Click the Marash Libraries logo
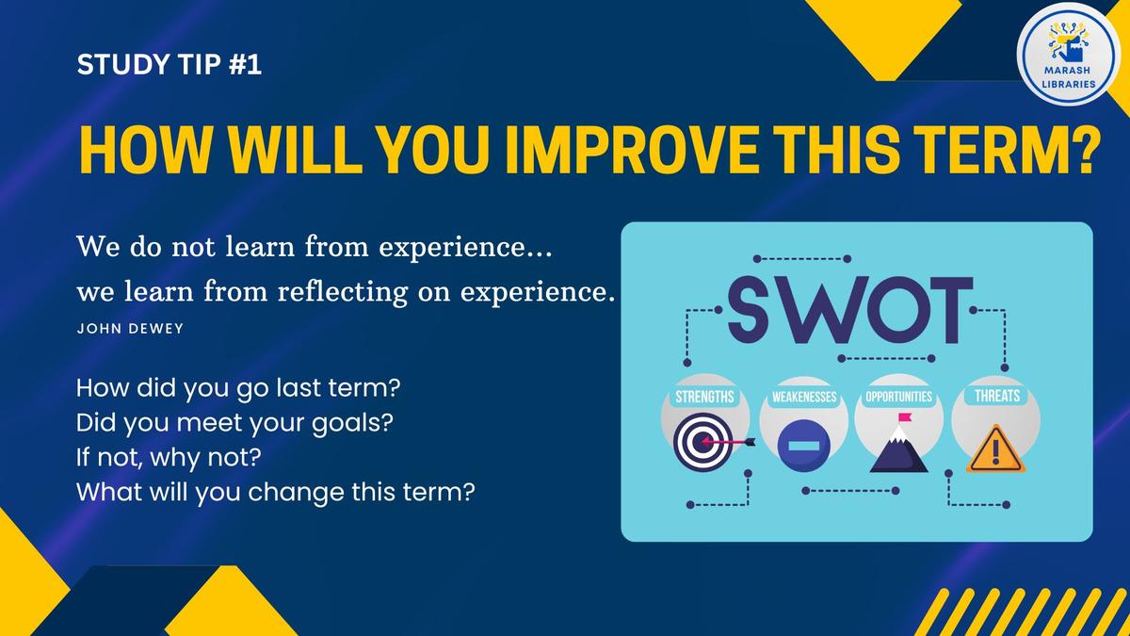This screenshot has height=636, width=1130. (1068, 53)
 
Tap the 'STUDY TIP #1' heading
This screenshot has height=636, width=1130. (169, 65)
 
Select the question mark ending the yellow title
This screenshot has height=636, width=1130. (1084, 150)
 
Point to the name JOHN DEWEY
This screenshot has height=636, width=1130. (130, 329)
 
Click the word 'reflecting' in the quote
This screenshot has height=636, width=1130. (343, 292)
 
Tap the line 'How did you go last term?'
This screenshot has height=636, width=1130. (238, 388)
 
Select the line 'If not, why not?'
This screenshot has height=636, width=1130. (169, 458)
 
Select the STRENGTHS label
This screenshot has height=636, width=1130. (704, 397)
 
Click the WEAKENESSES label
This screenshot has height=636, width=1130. (804, 398)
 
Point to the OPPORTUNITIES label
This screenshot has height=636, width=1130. (899, 397)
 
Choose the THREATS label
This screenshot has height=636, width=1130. (997, 395)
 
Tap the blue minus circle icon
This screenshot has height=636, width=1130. (803, 446)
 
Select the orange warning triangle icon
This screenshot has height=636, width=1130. (995, 450)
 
